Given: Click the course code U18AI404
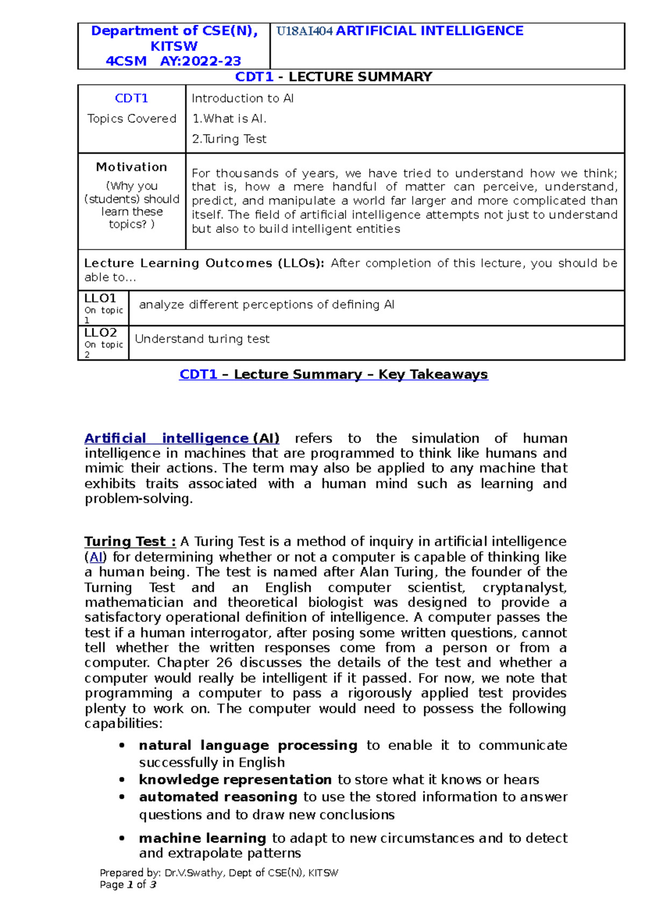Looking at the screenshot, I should point(305,31).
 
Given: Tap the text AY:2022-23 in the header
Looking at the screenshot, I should point(200,61).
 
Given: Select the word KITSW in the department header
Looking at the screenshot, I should point(174,46).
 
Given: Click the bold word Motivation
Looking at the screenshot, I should point(132,167).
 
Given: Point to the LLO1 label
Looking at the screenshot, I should point(100,298).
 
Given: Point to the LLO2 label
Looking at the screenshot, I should point(101,333).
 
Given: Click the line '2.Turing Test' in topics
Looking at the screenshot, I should point(229,139).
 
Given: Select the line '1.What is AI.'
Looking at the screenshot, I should point(229,119).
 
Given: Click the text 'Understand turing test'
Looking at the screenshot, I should point(202,339).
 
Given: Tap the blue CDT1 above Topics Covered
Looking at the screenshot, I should point(132,98).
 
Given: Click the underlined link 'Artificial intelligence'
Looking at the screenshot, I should point(166,439).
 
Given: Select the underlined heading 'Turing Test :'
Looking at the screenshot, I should point(130,541).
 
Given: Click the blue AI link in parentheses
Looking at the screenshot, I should point(96,557).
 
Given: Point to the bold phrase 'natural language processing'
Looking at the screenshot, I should point(248,746).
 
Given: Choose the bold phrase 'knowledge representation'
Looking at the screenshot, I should point(235,780).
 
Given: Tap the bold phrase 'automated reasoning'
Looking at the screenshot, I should point(218,797).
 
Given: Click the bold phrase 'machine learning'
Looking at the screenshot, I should point(202,838).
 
